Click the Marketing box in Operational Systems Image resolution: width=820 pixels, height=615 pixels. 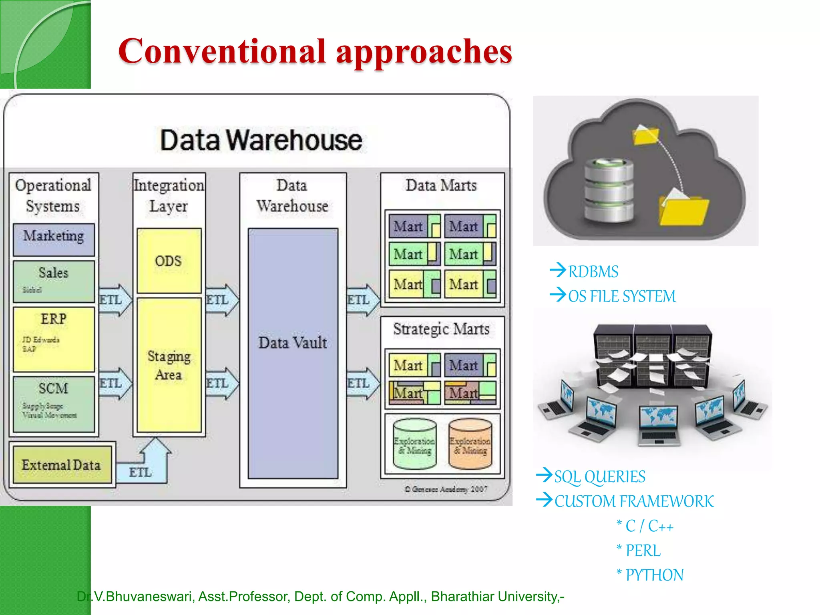tap(54, 239)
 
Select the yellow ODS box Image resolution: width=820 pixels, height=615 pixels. tap(169, 261)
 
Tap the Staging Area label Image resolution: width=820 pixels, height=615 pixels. tap(169, 365)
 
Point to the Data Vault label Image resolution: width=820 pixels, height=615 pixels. tap(293, 343)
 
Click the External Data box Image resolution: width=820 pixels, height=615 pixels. tap(62, 465)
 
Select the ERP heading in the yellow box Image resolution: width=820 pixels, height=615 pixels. tap(53, 319)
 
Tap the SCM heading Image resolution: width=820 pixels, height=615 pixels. tap(53, 388)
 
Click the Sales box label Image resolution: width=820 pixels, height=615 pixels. tap(53, 273)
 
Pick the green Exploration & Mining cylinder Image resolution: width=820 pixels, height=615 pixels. tap(414, 444)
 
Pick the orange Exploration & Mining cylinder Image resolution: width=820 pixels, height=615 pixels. tap(470, 444)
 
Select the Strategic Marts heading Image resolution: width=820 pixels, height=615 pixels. tap(441, 329)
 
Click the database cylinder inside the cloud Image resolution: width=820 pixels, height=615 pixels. tap(609, 190)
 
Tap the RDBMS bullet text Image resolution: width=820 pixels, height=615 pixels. tap(593, 272)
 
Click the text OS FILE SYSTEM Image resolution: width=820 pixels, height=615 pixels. tap(621, 297)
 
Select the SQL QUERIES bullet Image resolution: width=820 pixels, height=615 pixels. tap(599, 477)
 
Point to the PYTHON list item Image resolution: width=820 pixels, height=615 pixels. tap(654, 575)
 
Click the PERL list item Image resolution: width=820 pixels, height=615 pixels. tap(643, 551)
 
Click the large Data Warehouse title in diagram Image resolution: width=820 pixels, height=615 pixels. tap(261, 140)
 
